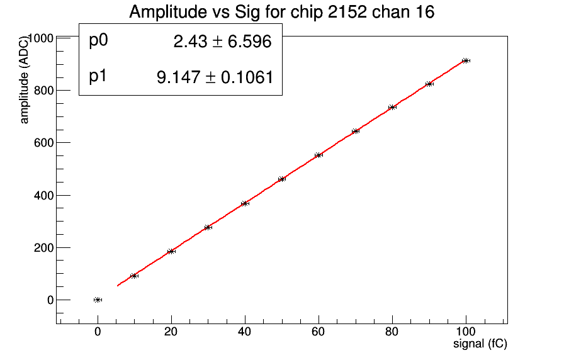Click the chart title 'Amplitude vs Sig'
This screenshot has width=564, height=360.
coord(281,12)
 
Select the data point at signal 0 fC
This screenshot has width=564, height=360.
coord(98,300)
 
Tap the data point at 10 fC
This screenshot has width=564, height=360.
coord(134,276)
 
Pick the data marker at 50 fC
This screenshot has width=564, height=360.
coord(282,179)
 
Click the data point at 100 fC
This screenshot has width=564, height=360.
coord(466,60)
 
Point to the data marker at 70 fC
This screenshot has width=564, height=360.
coord(356,131)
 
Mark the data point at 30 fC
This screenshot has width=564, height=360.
coord(208,227)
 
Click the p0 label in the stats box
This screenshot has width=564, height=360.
coord(99,41)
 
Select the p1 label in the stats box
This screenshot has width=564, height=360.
coord(99,77)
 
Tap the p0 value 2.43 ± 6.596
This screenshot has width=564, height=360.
coord(222,42)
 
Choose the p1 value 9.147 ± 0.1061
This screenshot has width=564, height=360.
coord(215,77)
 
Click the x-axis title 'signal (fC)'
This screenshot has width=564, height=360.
coord(480,344)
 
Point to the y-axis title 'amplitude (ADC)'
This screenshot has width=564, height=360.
coord(25,78)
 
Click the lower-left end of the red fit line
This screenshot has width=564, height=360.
coord(118,286)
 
